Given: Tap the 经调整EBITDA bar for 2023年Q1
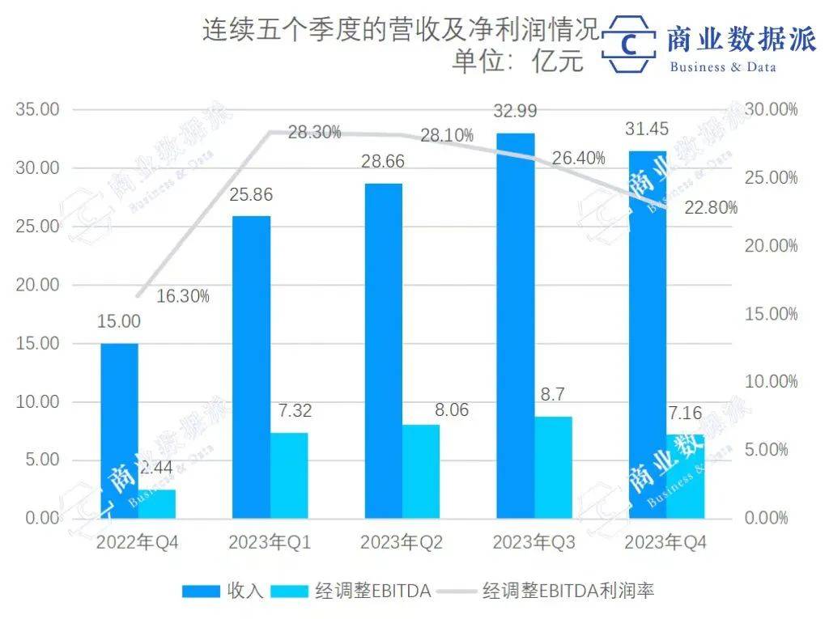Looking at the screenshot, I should click(289, 475).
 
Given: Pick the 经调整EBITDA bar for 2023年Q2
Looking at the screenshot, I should click(421, 471).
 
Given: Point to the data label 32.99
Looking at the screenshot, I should click(515, 111).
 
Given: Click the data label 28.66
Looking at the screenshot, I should click(382, 162).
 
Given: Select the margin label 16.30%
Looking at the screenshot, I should click(183, 296).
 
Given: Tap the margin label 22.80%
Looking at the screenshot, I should click(711, 208).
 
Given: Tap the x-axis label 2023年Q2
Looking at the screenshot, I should click(402, 543).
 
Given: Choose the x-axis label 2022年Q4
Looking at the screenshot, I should click(138, 543).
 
